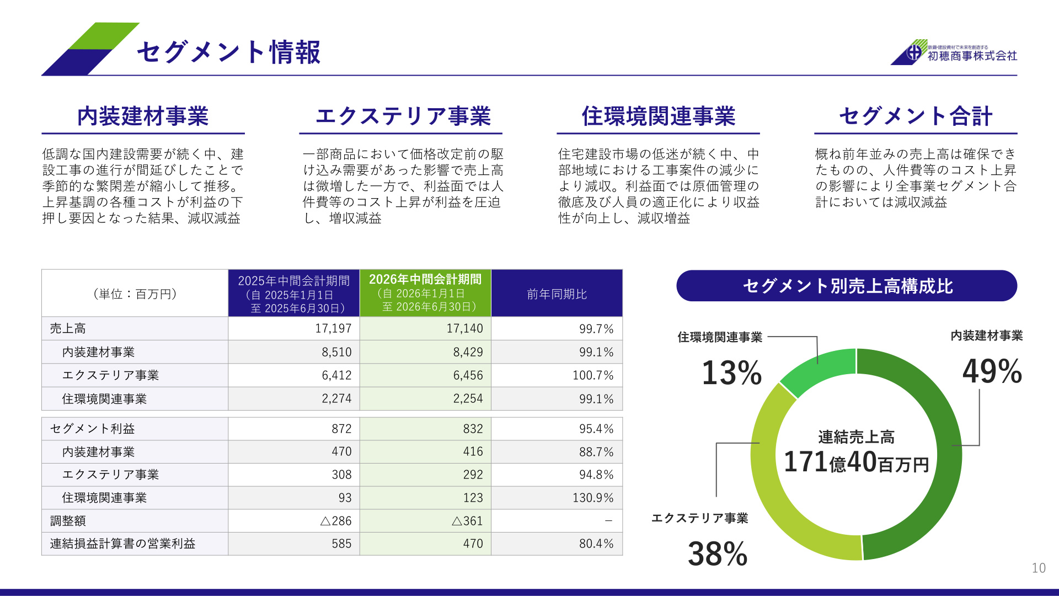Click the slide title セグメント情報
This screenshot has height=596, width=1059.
[x=228, y=52]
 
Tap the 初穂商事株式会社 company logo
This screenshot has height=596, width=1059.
[x=954, y=52]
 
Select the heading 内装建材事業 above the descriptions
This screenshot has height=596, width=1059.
[x=143, y=116]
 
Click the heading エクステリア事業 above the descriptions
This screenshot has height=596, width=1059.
[x=403, y=116]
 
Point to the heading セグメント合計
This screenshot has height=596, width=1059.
[x=916, y=116]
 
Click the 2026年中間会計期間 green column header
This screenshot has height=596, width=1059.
[x=425, y=293]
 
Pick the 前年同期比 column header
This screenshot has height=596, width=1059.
[x=557, y=294]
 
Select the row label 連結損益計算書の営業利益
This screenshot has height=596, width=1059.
[x=122, y=544]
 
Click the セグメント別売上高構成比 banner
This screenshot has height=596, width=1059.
[x=847, y=286]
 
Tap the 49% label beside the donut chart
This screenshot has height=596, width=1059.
[x=992, y=371]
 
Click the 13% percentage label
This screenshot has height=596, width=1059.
[x=732, y=372]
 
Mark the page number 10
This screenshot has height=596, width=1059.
[x=1039, y=568]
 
